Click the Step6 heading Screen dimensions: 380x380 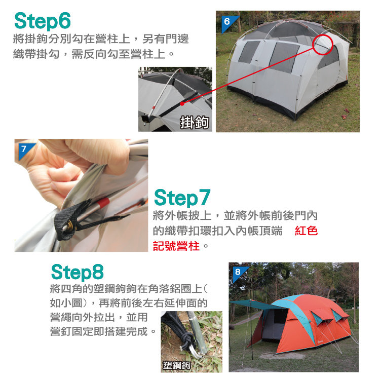click(43, 21)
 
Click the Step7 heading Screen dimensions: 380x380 click(182, 198)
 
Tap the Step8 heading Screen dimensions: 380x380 click(78, 272)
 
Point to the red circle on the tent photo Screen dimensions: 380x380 click(323, 45)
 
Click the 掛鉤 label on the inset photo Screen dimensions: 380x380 click(195, 122)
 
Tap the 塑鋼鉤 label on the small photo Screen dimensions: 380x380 click(176, 365)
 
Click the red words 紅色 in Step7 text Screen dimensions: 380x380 click(306, 231)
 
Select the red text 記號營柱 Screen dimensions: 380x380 click(176, 246)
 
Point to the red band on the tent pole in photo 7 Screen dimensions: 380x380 click(103, 203)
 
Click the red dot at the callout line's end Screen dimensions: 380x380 click(182, 103)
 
